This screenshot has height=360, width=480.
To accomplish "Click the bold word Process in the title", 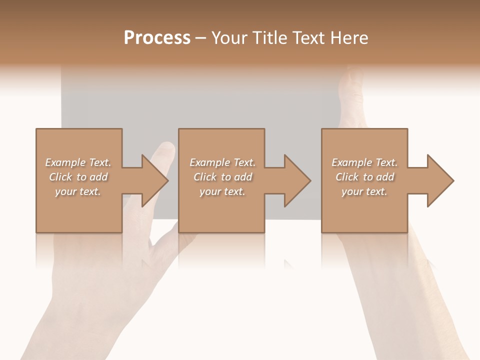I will click(157, 38).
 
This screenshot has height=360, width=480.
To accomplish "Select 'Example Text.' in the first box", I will click(78, 162).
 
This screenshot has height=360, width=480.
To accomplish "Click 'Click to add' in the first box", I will click(78, 177).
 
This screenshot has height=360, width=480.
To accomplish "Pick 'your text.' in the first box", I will click(78, 191).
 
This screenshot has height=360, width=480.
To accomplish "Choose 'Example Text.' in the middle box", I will click(222, 162).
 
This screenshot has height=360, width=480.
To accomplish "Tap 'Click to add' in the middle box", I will click(222, 177).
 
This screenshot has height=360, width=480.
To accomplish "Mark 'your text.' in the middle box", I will click(222, 191).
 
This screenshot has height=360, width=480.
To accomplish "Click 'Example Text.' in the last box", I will click(364, 162).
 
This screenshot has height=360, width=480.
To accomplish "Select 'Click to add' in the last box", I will click(364, 177).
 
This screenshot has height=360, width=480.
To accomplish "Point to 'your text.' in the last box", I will click(364, 191).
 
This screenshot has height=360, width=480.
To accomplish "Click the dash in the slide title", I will click(201, 38).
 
